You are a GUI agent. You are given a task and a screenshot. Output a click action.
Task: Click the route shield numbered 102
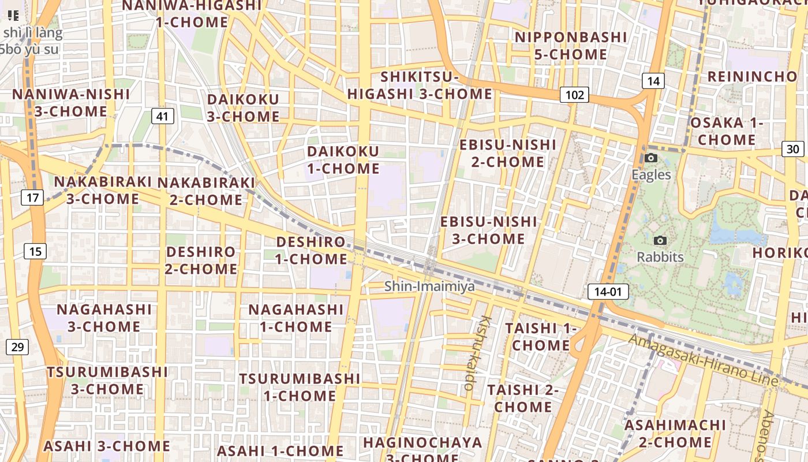(x=574, y=95)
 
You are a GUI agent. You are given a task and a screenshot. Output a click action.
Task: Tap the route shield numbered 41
(x=163, y=116)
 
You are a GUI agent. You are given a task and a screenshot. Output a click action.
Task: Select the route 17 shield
(x=33, y=198)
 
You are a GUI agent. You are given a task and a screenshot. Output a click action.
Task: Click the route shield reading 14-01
(x=608, y=292)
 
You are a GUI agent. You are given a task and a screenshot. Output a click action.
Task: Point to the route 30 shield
(x=793, y=149)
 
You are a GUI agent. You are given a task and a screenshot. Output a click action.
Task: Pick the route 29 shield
(x=17, y=346)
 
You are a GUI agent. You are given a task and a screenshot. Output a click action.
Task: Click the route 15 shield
(x=35, y=251)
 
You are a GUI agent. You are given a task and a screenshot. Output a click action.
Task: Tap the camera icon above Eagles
(x=651, y=158)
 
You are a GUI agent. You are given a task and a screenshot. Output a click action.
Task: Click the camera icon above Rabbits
(x=660, y=241)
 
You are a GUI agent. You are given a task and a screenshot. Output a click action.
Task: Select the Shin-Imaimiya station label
(x=429, y=286)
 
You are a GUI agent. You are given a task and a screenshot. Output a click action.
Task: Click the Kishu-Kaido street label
(x=476, y=352)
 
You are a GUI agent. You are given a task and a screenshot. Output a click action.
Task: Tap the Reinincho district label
(x=751, y=76)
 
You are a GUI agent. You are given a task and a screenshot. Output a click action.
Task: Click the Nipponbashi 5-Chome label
(x=570, y=46)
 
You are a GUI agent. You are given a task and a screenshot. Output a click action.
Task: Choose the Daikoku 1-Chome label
(x=343, y=160)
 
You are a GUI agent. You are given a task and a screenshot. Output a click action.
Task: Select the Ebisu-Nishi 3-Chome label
(x=488, y=230)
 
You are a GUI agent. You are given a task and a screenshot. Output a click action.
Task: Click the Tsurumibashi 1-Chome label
(x=300, y=387)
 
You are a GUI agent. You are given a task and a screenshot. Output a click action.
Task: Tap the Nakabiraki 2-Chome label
(x=206, y=191)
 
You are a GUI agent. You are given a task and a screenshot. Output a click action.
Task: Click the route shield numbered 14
(x=653, y=81)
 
